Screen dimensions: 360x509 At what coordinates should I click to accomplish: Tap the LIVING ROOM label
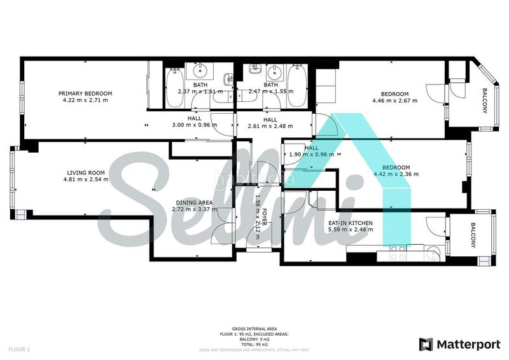86,172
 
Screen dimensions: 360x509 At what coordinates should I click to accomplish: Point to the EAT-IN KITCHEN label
350,223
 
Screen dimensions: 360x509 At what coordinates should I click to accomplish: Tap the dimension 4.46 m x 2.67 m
394,100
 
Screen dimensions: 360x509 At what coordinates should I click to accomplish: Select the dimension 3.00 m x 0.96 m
195,125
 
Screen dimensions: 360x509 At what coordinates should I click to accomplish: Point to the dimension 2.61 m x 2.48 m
270,126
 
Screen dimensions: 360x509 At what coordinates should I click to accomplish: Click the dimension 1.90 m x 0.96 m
312,155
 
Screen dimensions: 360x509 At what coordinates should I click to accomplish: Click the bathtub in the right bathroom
297,87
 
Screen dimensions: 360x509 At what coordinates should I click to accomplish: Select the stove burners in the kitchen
398,253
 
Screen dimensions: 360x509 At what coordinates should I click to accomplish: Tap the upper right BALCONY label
485,100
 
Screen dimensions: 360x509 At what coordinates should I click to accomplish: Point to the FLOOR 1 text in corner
19,349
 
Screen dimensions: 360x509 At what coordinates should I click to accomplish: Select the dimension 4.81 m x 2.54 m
86,179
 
